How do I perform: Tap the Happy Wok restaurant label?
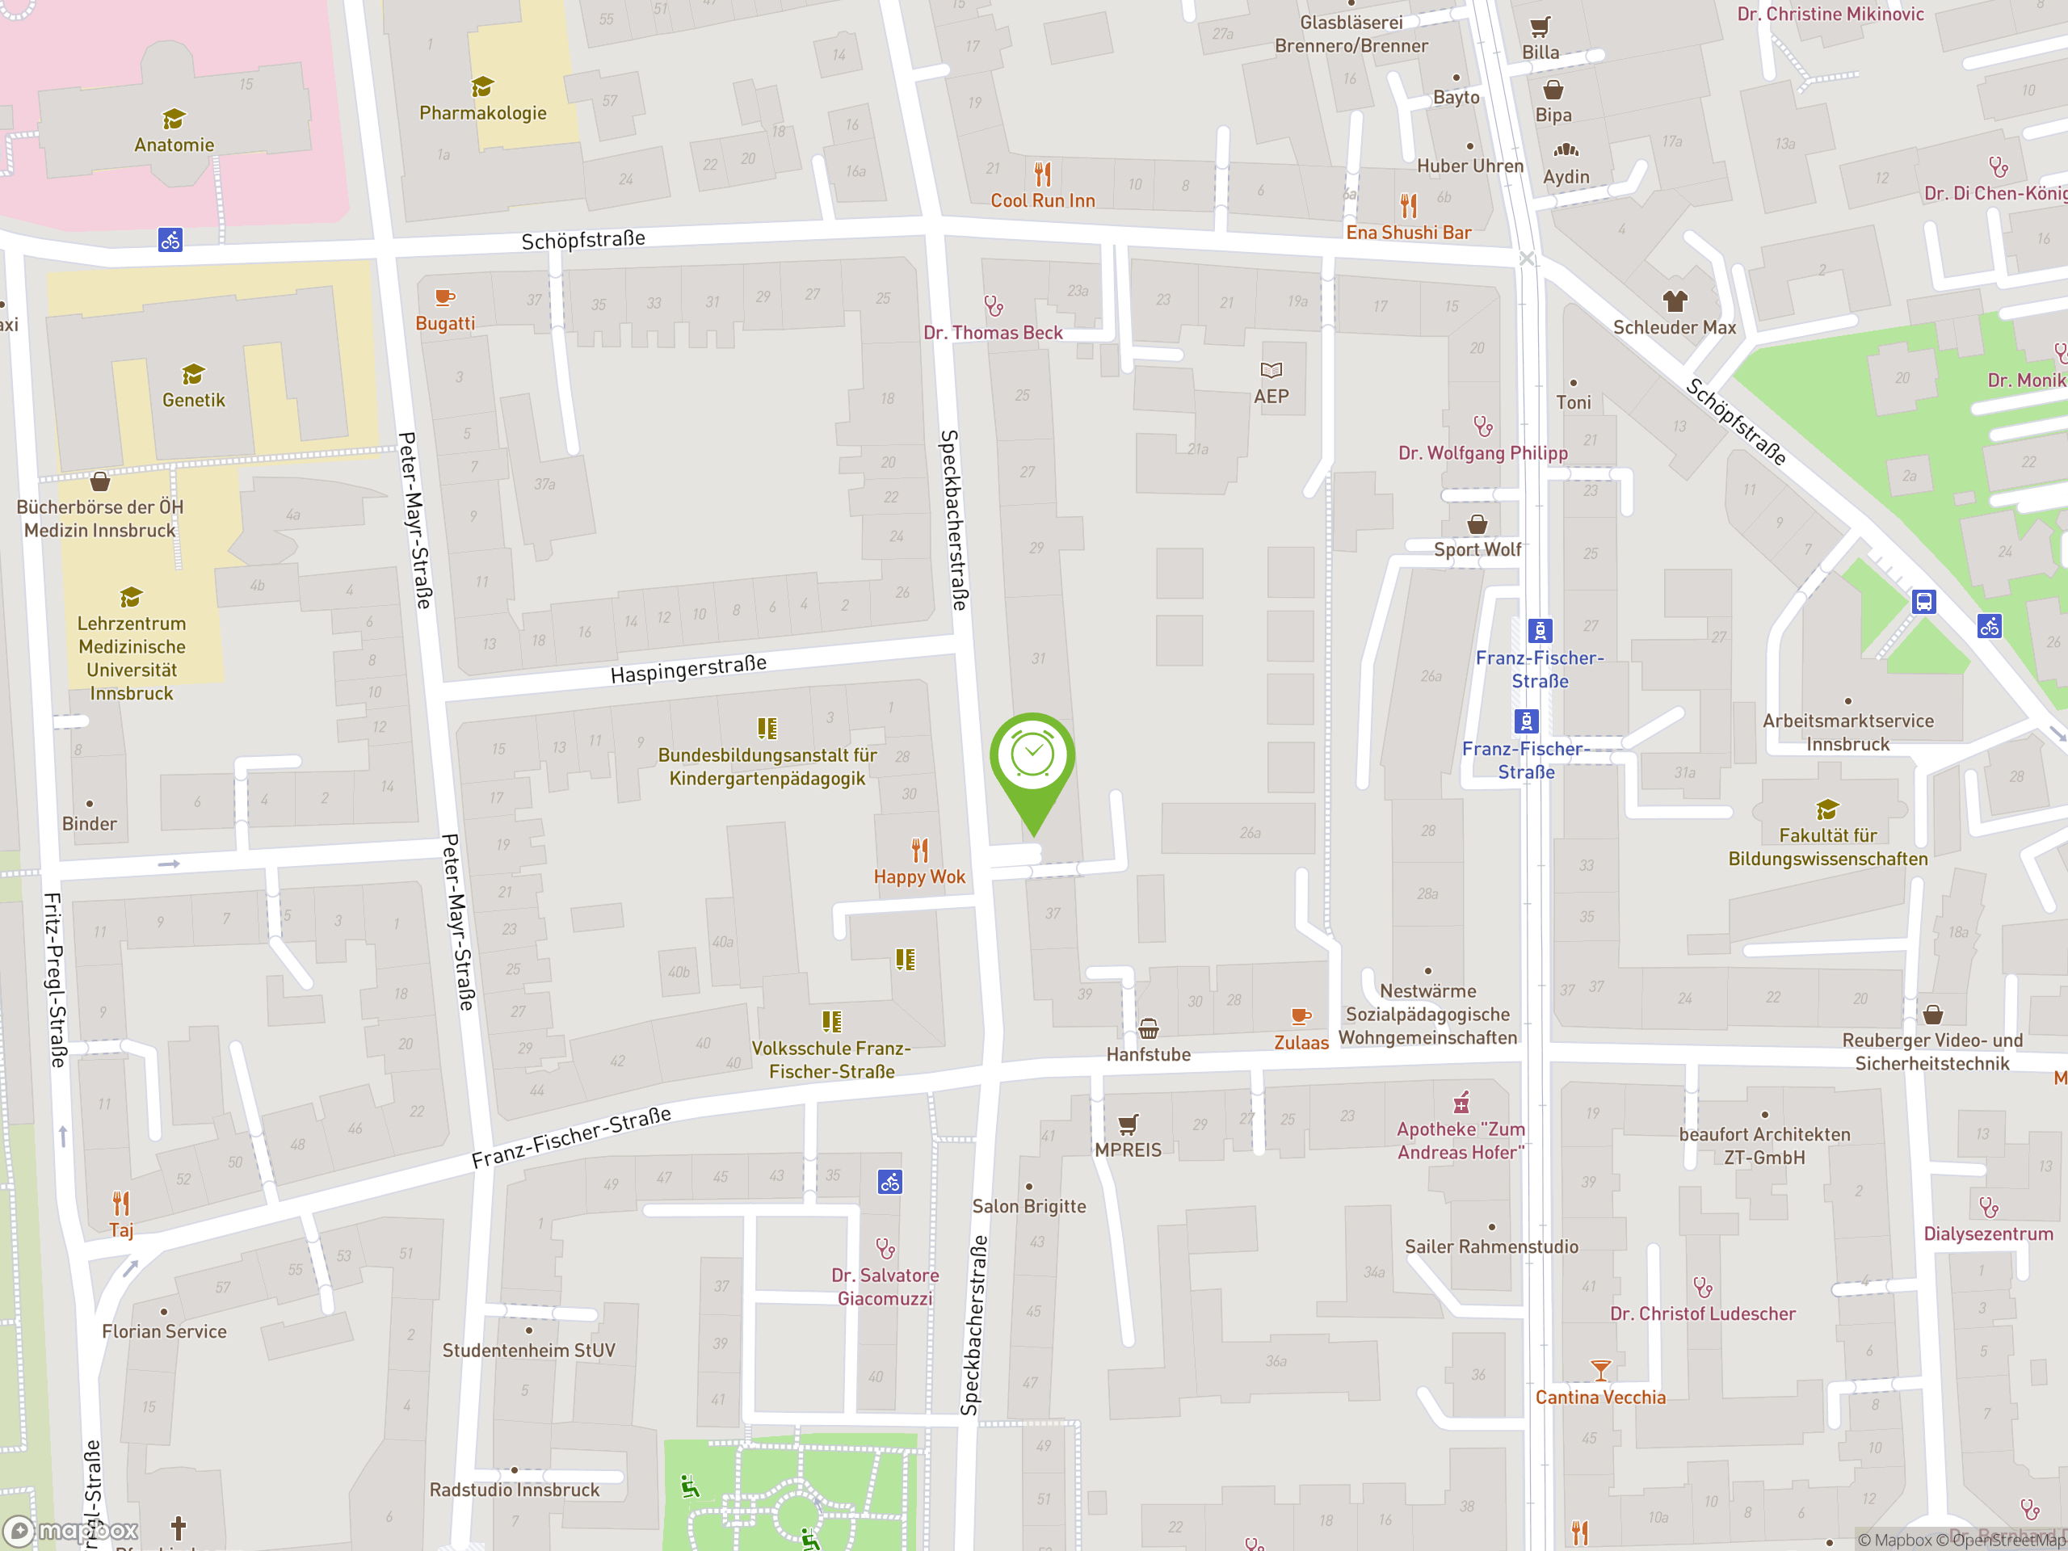(919, 877)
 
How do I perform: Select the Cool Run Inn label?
(1042, 200)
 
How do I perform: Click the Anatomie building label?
(174, 145)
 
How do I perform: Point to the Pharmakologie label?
(482, 113)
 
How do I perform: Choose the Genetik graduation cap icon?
(194, 374)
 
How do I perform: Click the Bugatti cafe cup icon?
(445, 298)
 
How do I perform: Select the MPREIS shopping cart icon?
(1129, 1124)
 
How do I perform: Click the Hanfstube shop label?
(1148, 1054)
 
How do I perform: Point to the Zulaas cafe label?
(1301, 1042)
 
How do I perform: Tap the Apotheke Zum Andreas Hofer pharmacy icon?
(1461, 1102)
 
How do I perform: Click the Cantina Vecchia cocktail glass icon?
(1600, 1371)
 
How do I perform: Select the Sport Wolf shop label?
(1477, 550)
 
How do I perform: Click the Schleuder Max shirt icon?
(1675, 301)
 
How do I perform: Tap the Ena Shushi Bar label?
(1408, 233)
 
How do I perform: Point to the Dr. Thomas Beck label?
(993, 333)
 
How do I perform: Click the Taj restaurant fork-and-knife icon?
(120, 1202)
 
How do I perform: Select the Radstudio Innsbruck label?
(515, 1490)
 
